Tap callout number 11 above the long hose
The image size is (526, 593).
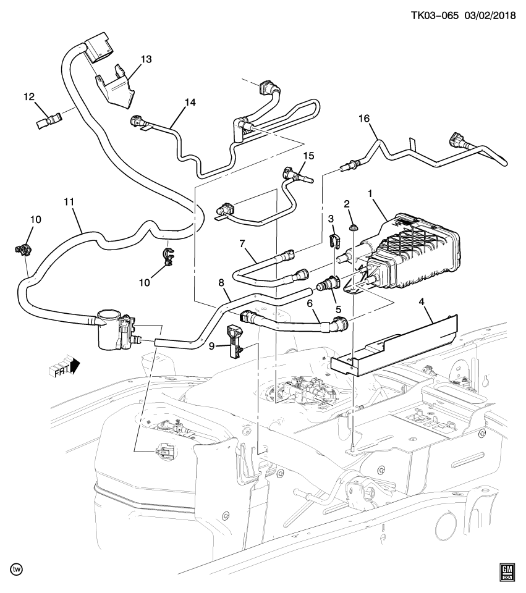pos(69,201)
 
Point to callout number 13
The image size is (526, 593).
pos(146,59)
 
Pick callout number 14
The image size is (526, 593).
pos(190,103)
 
